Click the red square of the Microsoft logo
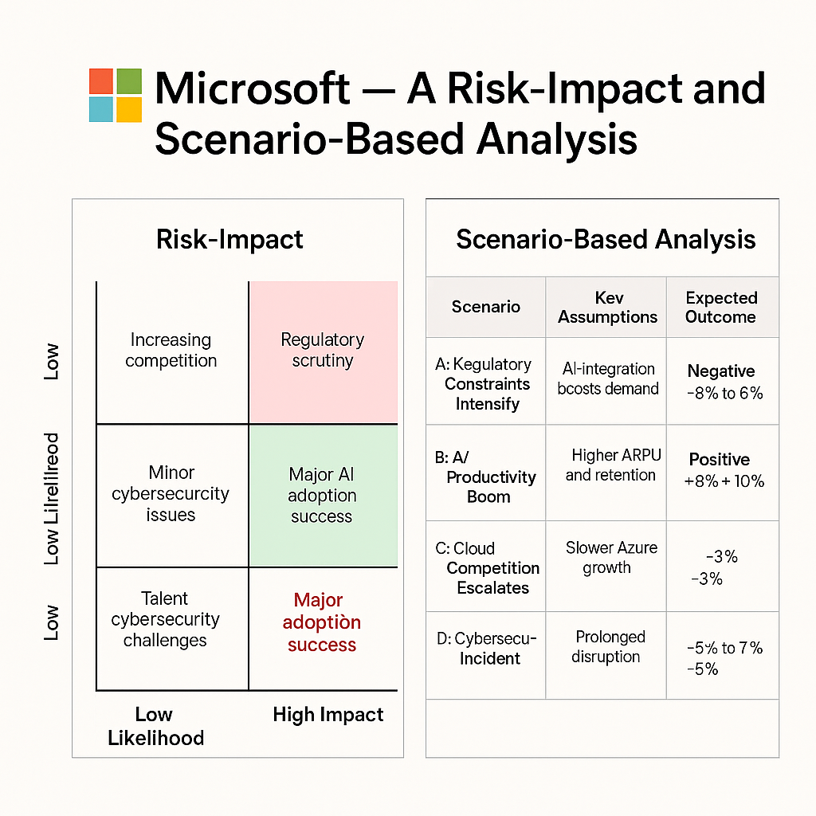click(101, 80)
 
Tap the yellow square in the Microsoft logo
click(129, 109)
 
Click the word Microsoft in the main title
click(252, 88)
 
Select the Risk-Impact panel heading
click(229, 239)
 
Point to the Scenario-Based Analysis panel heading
click(606, 239)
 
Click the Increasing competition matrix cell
click(171, 351)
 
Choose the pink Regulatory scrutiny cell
click(323, 351)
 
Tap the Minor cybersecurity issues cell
click(171, 493)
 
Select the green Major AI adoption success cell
click(323, 495)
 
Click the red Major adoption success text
click(322, 622)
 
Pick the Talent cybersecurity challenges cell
click(165, 619)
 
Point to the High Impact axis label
click(328, 715)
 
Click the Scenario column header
click(485, 307)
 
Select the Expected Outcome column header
click(721, 307)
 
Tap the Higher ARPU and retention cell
click(611, 465)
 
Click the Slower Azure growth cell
click(611, 558)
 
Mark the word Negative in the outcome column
click(721, 371)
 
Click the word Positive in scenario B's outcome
click(720, 460)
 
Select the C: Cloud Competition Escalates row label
click(488, 568)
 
